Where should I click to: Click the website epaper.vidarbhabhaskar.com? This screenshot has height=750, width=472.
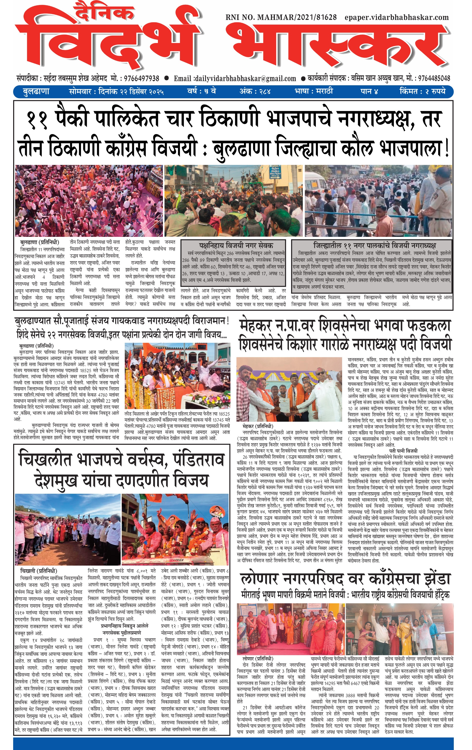click(x=396, y=17)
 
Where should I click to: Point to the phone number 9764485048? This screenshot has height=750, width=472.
click(x=434, y=78)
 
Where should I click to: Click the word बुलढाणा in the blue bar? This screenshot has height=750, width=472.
click(x=36, y=92)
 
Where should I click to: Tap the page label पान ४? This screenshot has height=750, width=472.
click(x=369, y=92)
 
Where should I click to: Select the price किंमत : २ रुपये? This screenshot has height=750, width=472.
click(x=422, y=92)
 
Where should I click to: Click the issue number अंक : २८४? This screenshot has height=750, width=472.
click(x=255, y=92)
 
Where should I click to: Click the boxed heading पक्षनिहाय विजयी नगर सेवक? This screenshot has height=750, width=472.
click(x=236, y=245)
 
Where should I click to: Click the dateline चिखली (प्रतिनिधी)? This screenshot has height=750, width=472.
click(x=39, y=571)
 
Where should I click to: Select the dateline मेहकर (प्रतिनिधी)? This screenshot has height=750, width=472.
click(x=258, y=426)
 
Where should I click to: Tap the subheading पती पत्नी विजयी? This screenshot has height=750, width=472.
click(x=403, y=451)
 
